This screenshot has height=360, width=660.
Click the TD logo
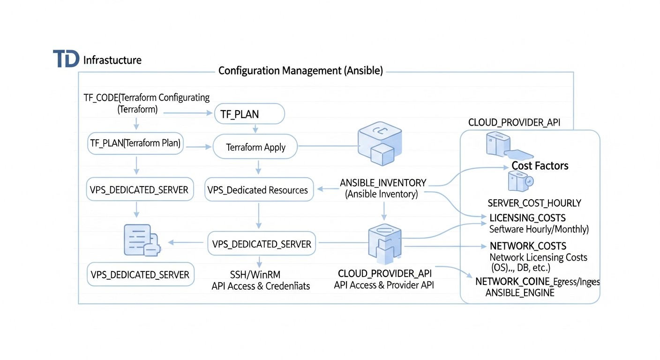pyautogui.click(x=66, y=59)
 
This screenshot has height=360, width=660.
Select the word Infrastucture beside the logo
pyautogui.click(x=112, y=60)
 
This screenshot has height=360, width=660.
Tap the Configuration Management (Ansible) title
pyautogui.click(x=300, y=71)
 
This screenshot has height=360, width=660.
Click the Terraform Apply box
pyautogui.click(x=255, y=147)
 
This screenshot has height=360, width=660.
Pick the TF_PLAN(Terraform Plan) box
pyautogui.click(x=135, y=143)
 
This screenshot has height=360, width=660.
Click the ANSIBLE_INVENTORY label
pyautogui.click(x=383, y=183)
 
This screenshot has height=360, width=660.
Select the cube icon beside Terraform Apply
pyautogui.click(x=378, y=145)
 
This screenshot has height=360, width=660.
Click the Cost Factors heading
pyautogui.click(x=540, y=165)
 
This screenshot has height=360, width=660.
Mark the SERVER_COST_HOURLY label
pyautogui.click(x=534, y=203)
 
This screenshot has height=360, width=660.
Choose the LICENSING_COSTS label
pyautogui.click(x=527, y=218)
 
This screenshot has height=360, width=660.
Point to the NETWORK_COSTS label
pyautogui.click(x=528, y=246)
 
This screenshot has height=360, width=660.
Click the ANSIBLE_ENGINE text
pyautogui.click(x=520, y=292)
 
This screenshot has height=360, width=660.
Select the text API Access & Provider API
pyautogui.click(x=384, y=285)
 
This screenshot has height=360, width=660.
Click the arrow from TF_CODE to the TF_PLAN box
pyautogui.click(x=185, y=113)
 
